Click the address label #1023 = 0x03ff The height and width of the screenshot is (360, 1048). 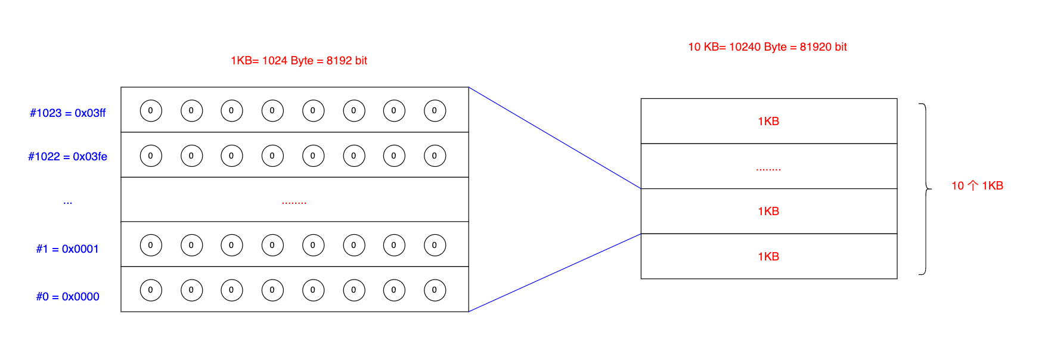[68, 113]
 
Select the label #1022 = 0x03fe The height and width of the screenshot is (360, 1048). [68, 157]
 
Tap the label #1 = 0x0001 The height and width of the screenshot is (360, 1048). [67, 249]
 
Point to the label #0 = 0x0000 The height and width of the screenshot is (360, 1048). [67, 297]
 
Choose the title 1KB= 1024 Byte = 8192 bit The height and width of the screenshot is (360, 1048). [299, 61]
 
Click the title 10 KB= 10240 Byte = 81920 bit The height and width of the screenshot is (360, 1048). [767, 47]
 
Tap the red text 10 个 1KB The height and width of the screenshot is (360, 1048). [977, 186]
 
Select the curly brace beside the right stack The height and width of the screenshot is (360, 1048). [925, 189]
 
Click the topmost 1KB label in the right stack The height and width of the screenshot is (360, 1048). [768, 122]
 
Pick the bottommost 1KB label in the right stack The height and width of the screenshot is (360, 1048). [768, 257]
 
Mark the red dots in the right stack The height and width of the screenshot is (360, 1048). [768, 170]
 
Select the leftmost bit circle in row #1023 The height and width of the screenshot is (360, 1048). [151, 111]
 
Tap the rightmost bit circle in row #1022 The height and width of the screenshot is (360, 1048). [435, 156]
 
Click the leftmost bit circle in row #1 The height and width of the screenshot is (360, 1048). [151, 246]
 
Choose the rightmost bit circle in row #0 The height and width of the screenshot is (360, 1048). [435, 290]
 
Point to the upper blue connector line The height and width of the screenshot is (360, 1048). [554, 138]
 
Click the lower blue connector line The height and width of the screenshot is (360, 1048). [554, 272]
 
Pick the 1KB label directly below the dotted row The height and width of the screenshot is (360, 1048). [768, 212]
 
